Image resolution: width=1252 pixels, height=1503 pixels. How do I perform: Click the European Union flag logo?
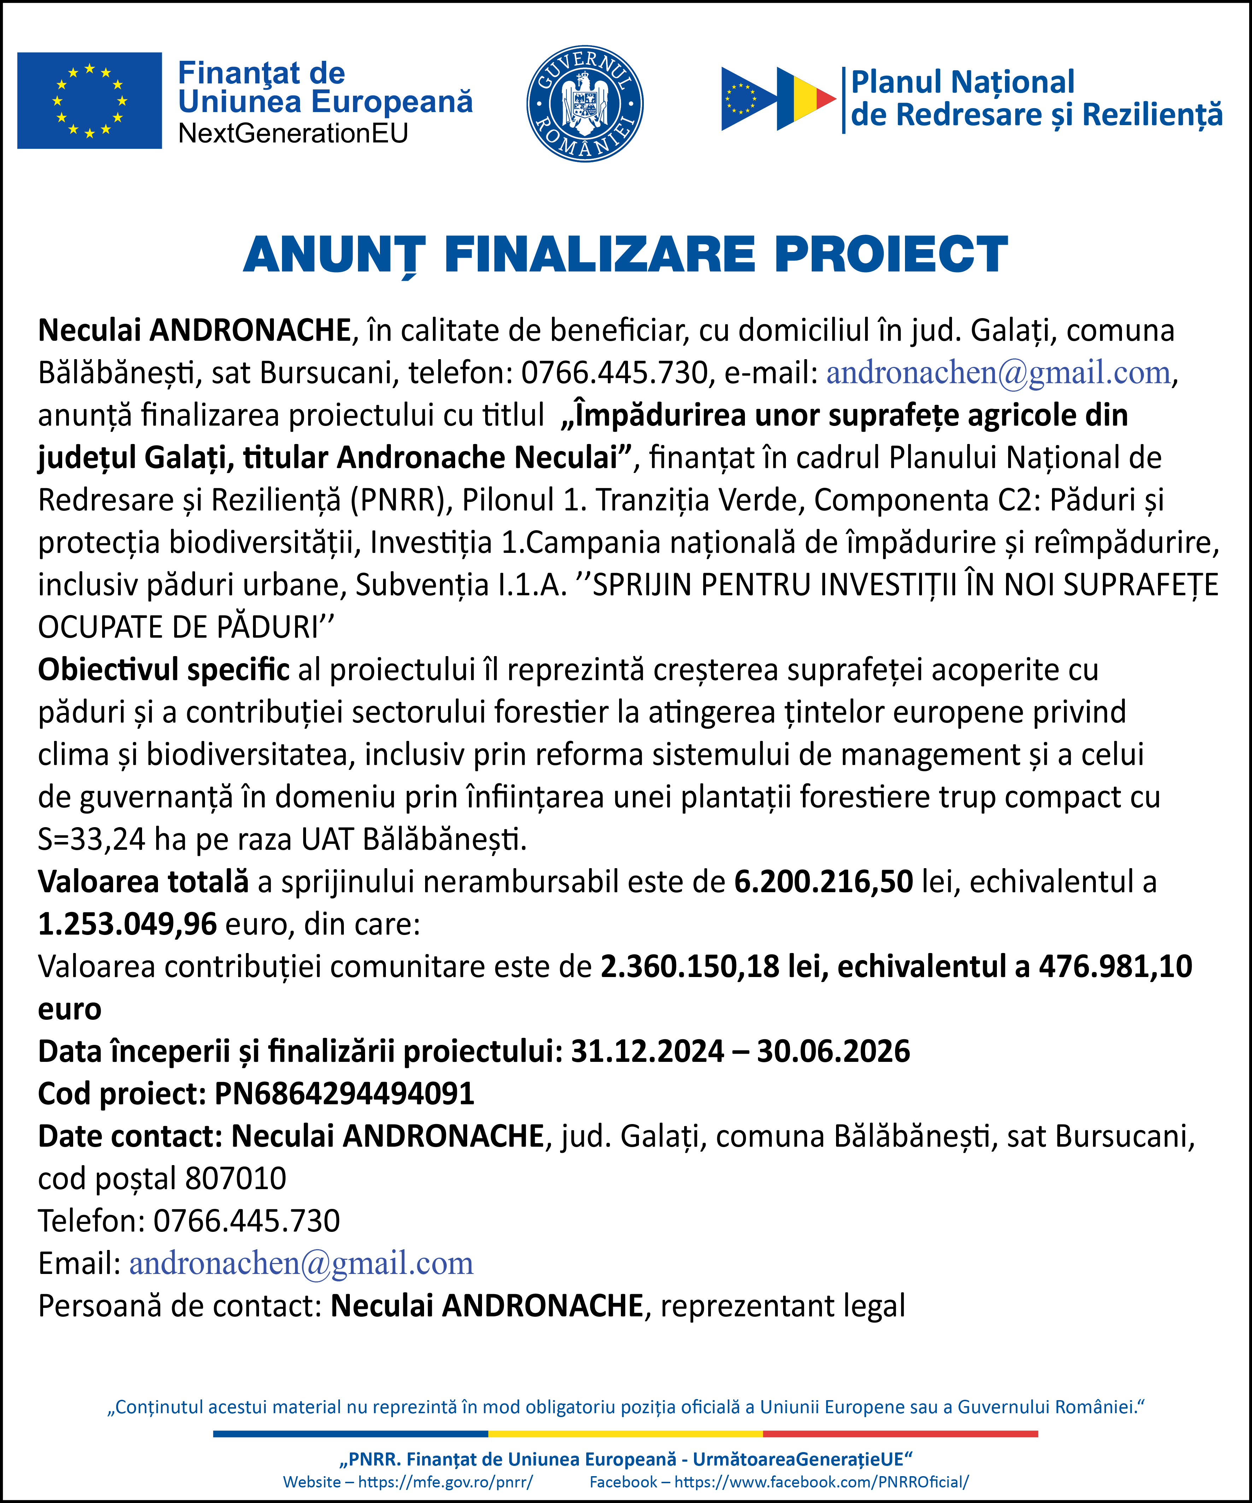tap(89, 100)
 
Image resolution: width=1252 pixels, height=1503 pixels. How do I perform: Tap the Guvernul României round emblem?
tap(584, 104)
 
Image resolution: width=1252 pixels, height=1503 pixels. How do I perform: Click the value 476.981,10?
tap(1115, 966)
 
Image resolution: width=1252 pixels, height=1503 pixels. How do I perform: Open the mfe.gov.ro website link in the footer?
tap(445, 1481)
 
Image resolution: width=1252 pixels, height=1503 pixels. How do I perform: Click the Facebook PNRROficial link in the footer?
tap(821, 1481)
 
